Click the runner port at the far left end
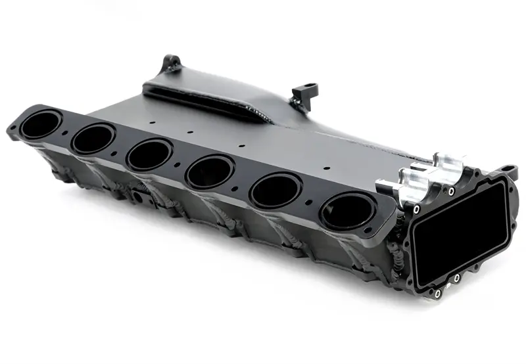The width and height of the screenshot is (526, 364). point(41,125)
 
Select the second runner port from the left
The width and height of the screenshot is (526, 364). point(93,139)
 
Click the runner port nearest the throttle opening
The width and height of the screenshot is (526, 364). point(347,212)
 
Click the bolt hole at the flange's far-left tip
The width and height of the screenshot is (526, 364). point(14,127)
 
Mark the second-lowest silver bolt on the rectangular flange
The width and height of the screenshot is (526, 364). point(456,279)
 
